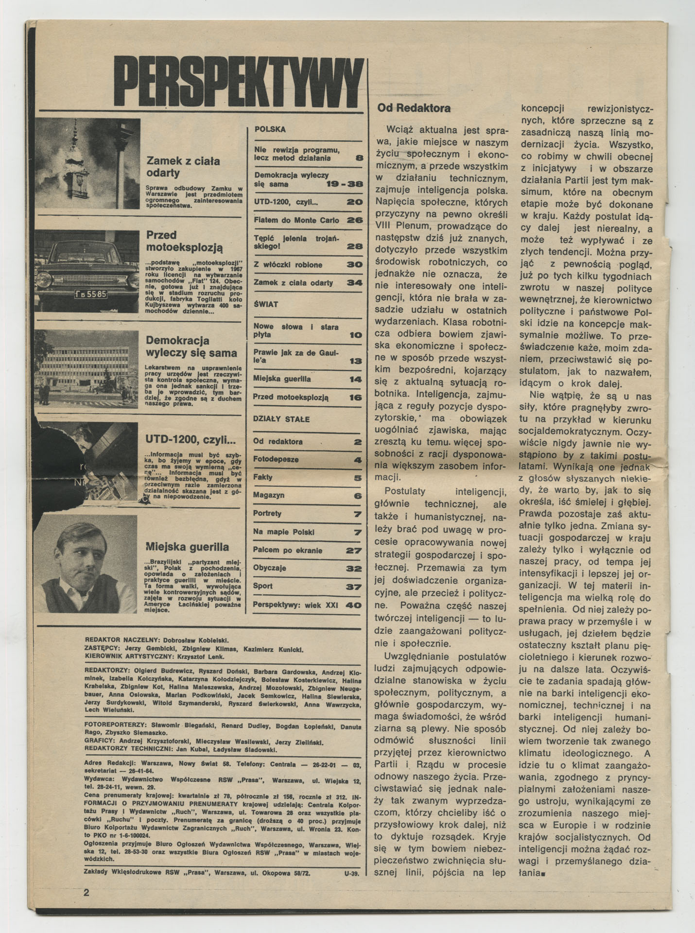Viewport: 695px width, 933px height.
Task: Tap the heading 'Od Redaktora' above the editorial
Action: [414, 108]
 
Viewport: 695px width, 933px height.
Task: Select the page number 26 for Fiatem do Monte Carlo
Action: [355, 220]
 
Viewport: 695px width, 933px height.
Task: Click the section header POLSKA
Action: [270, 130]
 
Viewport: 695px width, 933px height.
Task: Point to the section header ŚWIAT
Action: [266, 304]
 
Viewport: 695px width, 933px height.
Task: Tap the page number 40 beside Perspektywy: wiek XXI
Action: [353, 605]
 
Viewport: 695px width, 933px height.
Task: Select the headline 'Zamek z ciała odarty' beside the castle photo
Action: [183, 167]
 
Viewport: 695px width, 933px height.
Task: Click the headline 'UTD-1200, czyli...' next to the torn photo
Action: [191, 440]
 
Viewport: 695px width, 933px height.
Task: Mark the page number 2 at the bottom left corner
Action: [87, 892]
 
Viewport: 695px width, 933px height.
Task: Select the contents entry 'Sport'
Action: [263, 586]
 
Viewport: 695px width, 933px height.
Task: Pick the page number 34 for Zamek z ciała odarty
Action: [355, 283]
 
